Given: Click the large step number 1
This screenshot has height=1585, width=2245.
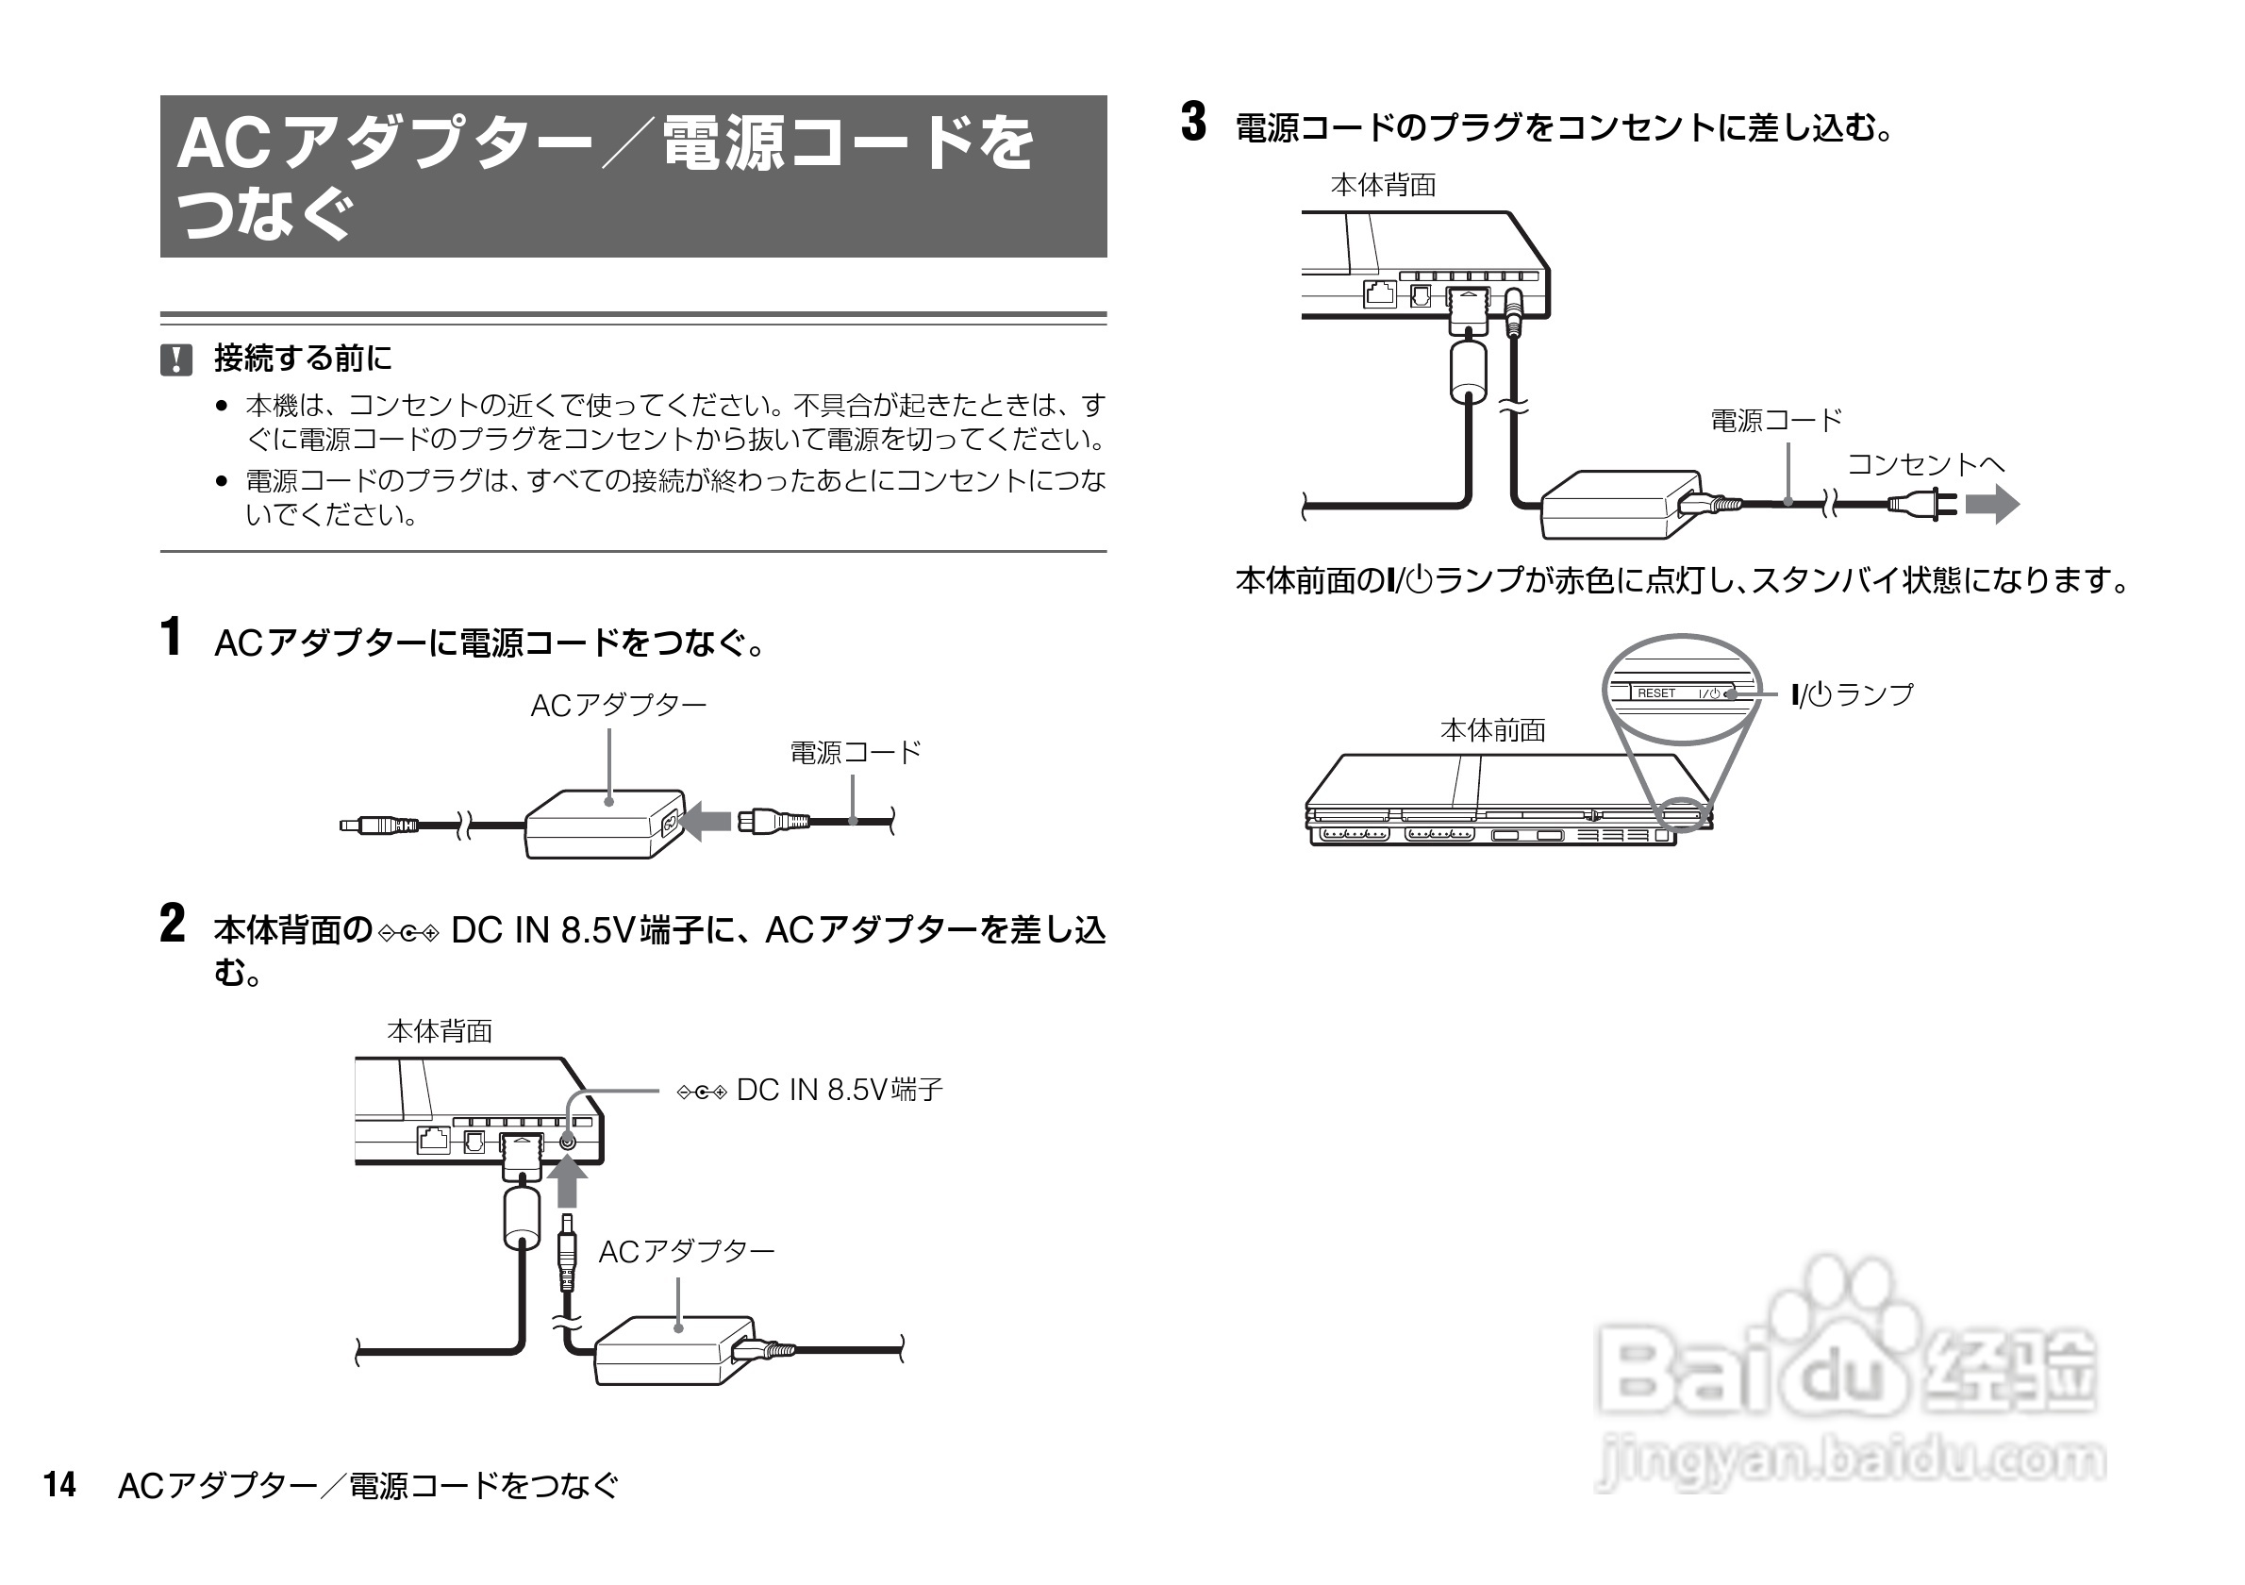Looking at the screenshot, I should pos(170,638).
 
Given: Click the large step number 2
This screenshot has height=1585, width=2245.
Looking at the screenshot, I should pos(172,924).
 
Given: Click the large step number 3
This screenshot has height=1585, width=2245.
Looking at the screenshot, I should pos(1193,124).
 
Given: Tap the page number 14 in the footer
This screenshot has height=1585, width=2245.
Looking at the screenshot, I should pos(59,1484).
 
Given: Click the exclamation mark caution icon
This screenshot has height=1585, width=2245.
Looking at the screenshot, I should pos(176,359).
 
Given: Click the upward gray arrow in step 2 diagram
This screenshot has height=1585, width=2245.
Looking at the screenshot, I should pos(567,1181).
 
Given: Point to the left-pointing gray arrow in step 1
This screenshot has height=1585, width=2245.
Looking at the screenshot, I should pos(704,822).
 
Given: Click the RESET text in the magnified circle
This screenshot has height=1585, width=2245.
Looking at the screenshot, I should pos(1656,693).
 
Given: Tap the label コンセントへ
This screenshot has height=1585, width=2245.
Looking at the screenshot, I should pos(1925,464).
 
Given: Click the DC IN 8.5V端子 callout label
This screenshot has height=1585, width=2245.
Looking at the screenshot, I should pos(809,1091).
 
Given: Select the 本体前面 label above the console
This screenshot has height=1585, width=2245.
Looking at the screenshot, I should pos(1492,730).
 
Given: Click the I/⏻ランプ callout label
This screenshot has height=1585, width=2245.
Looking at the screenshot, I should pos(1852,695).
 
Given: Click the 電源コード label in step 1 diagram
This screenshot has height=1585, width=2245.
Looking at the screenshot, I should pos(855,753).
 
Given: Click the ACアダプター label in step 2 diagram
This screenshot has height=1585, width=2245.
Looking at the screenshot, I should pos(686,1252).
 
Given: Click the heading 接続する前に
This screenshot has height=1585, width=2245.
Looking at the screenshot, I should pos(302,359).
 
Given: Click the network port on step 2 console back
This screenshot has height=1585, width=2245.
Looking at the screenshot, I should pos(433,1140).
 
